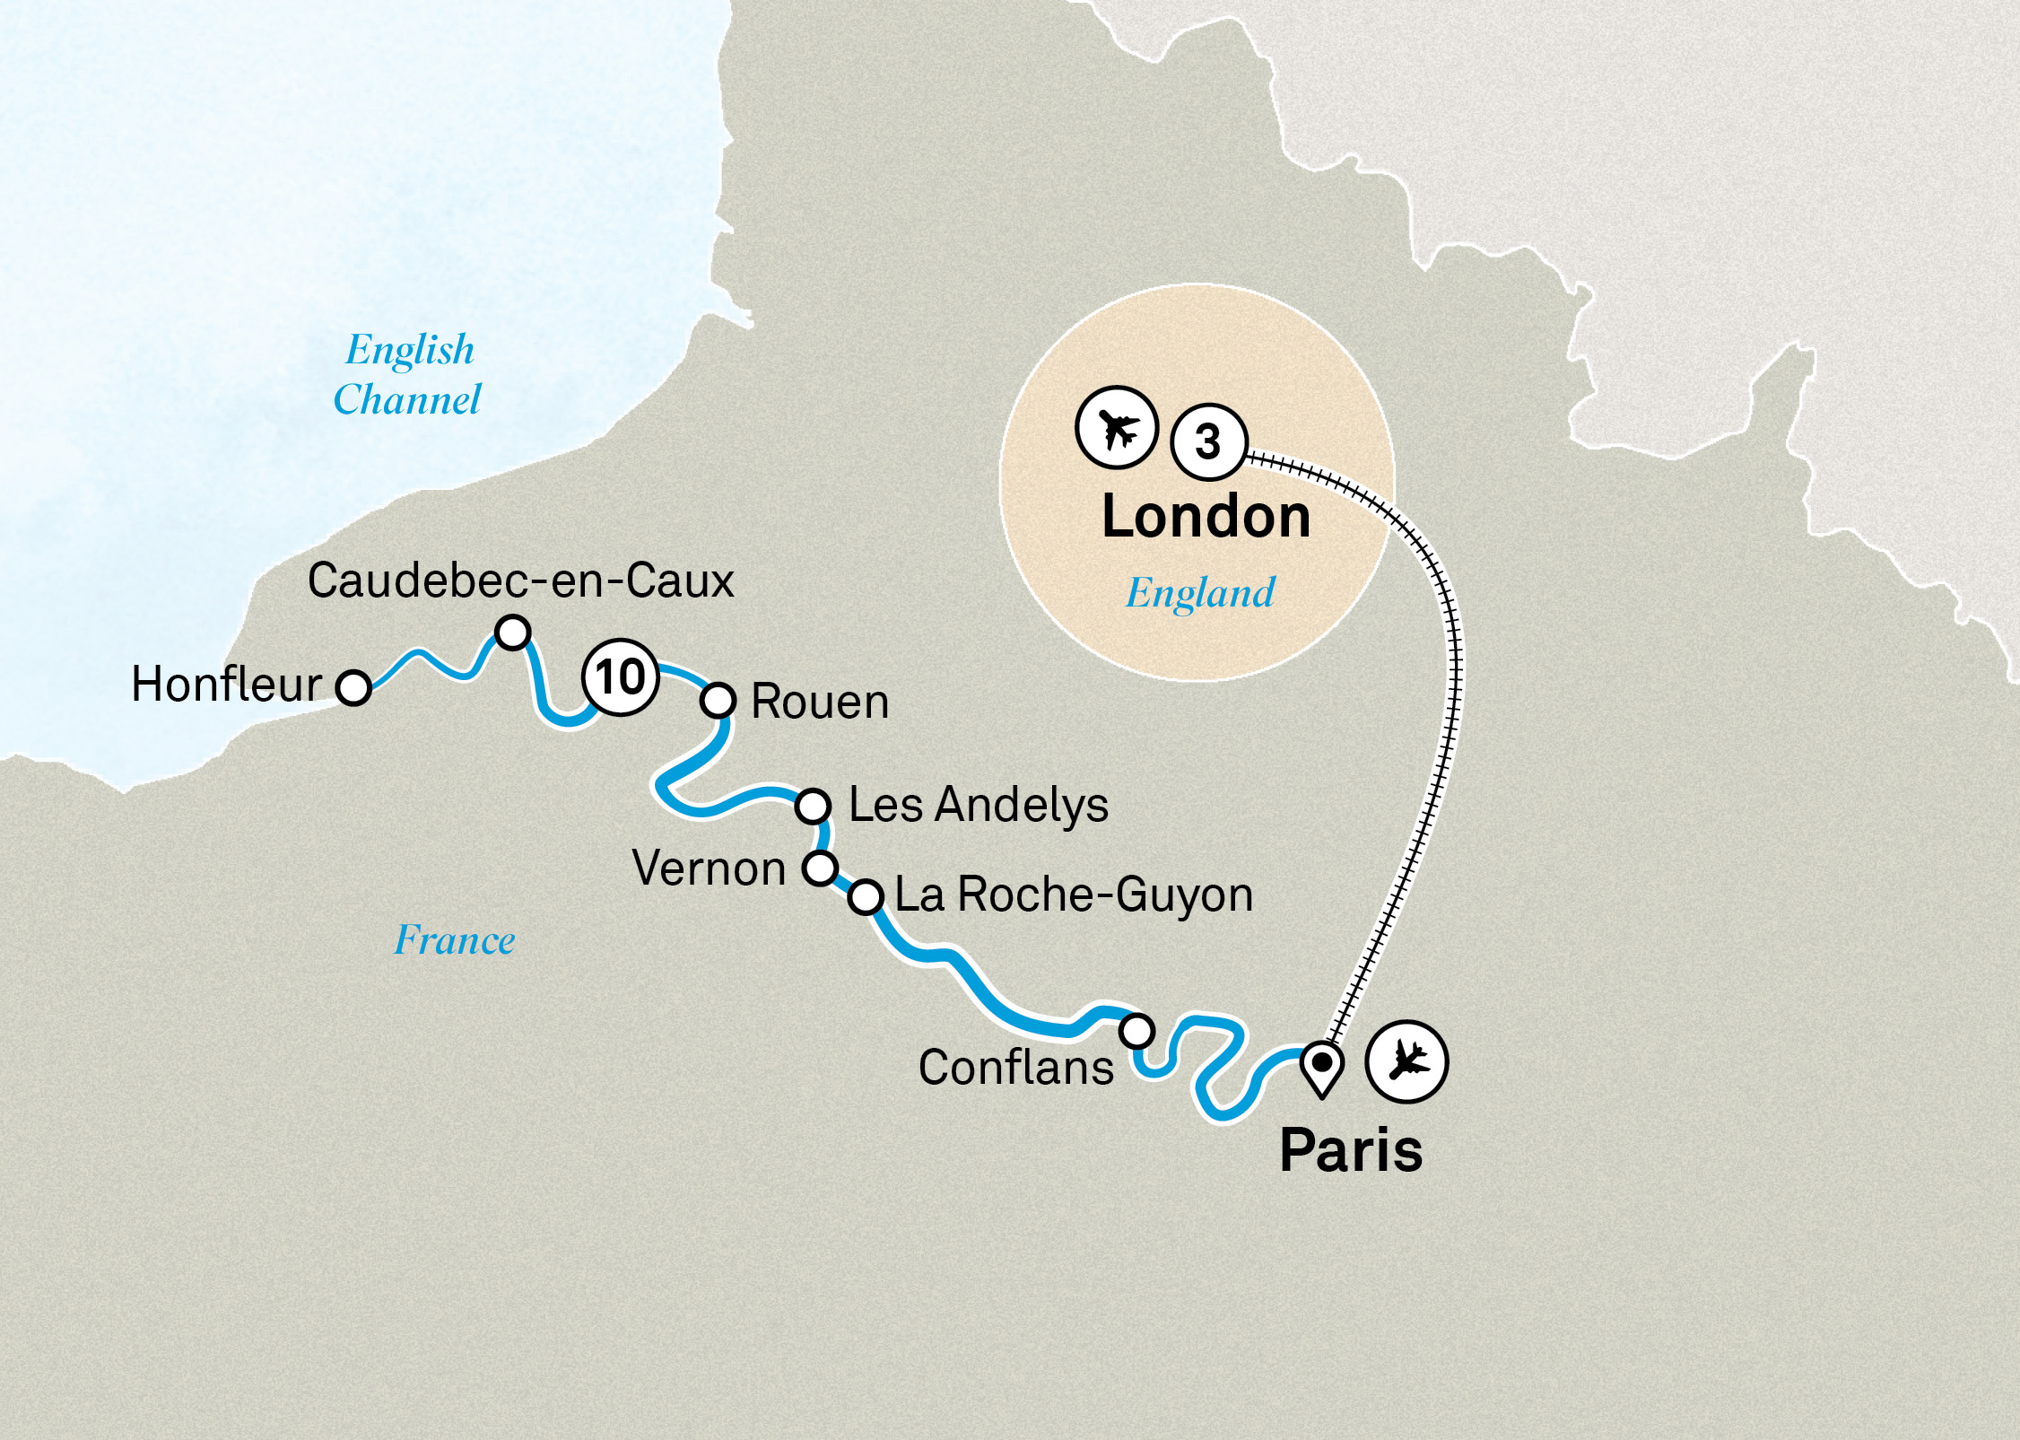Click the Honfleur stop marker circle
353,687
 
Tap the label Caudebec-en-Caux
520,580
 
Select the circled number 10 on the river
620,677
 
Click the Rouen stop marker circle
718,700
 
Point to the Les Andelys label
978,805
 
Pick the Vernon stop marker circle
820,868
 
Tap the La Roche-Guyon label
1074,895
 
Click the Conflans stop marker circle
1137,1031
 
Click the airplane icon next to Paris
1406,1061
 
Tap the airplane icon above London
1117,427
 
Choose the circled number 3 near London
1208,441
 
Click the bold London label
1206,518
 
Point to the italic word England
1200,593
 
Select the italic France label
455,940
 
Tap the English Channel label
408,374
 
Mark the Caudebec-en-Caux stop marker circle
513,633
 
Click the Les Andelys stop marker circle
813,806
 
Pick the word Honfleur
226,685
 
